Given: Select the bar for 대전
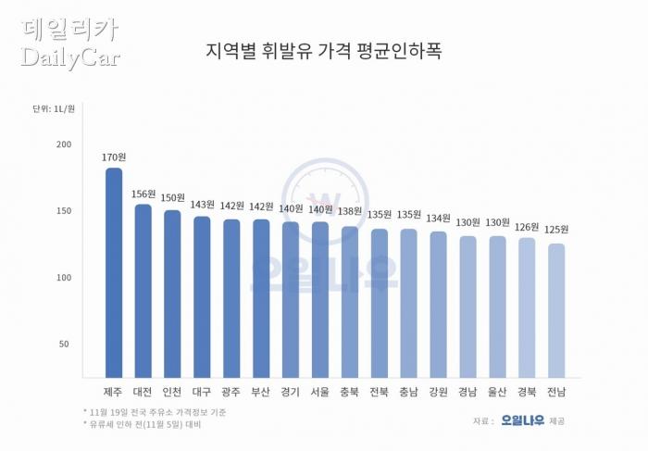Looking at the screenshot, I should tap(143, 291).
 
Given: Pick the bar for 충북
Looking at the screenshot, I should tap(349, 302).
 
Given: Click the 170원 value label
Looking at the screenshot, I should tap(113, 157).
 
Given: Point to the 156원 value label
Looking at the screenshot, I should tap(143, 194).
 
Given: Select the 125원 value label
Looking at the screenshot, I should tap(555, 229).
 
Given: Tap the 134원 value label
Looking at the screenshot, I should tap(438, 218).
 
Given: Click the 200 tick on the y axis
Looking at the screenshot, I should tap(63, 144).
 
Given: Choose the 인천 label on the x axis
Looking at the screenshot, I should tap(172, 392).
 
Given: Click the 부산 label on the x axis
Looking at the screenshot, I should tap(260, 392).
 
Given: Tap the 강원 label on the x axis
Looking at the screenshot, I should tap(438, 392).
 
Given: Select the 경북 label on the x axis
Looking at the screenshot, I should tap(526, 392).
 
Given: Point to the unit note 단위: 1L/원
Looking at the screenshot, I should tap(55, 109).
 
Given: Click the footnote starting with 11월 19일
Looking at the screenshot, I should tap(154, 411).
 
